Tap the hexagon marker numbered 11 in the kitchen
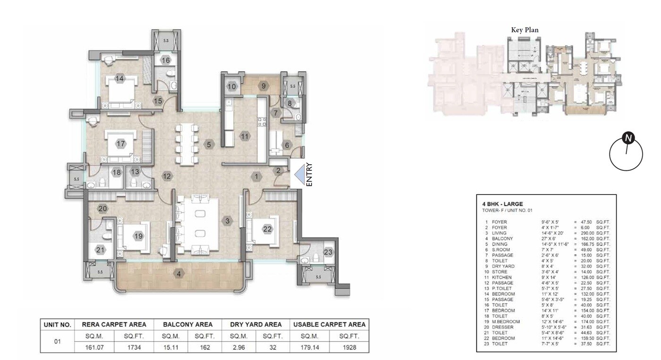(x=244, y=136)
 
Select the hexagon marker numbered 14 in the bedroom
(x=119, y=79)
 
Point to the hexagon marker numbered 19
(x=138, y=236)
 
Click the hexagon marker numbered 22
(x=268, y=229)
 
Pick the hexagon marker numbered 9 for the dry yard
(x=264, y=86)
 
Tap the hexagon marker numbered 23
(x=328, y=252)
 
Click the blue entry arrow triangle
(x=298, y=175)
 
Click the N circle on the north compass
(x=628, y=138)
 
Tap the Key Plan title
(x=525, y=30)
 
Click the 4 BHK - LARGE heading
(x=502, y=204)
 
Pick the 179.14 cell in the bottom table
(x=303, y=347)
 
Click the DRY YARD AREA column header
(x=256, y=325)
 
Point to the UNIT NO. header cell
(x=58, y=325)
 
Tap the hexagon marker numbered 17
(x=121, y=143)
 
